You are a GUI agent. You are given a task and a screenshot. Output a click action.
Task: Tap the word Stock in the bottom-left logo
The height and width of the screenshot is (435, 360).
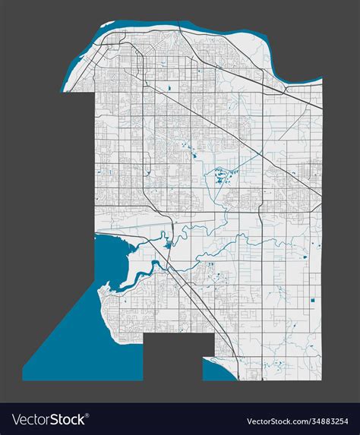pyautogui.click(x=68, y=419)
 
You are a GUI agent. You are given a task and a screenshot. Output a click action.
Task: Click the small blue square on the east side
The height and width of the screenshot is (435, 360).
pyautogui.click(x=312, y=303)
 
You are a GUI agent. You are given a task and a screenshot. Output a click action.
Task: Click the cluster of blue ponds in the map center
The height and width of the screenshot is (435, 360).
pyautogui.click(x=222, y=177)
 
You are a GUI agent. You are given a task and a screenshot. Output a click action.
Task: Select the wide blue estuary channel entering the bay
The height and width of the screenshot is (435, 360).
pyautogui.click(x=137, y=273)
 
